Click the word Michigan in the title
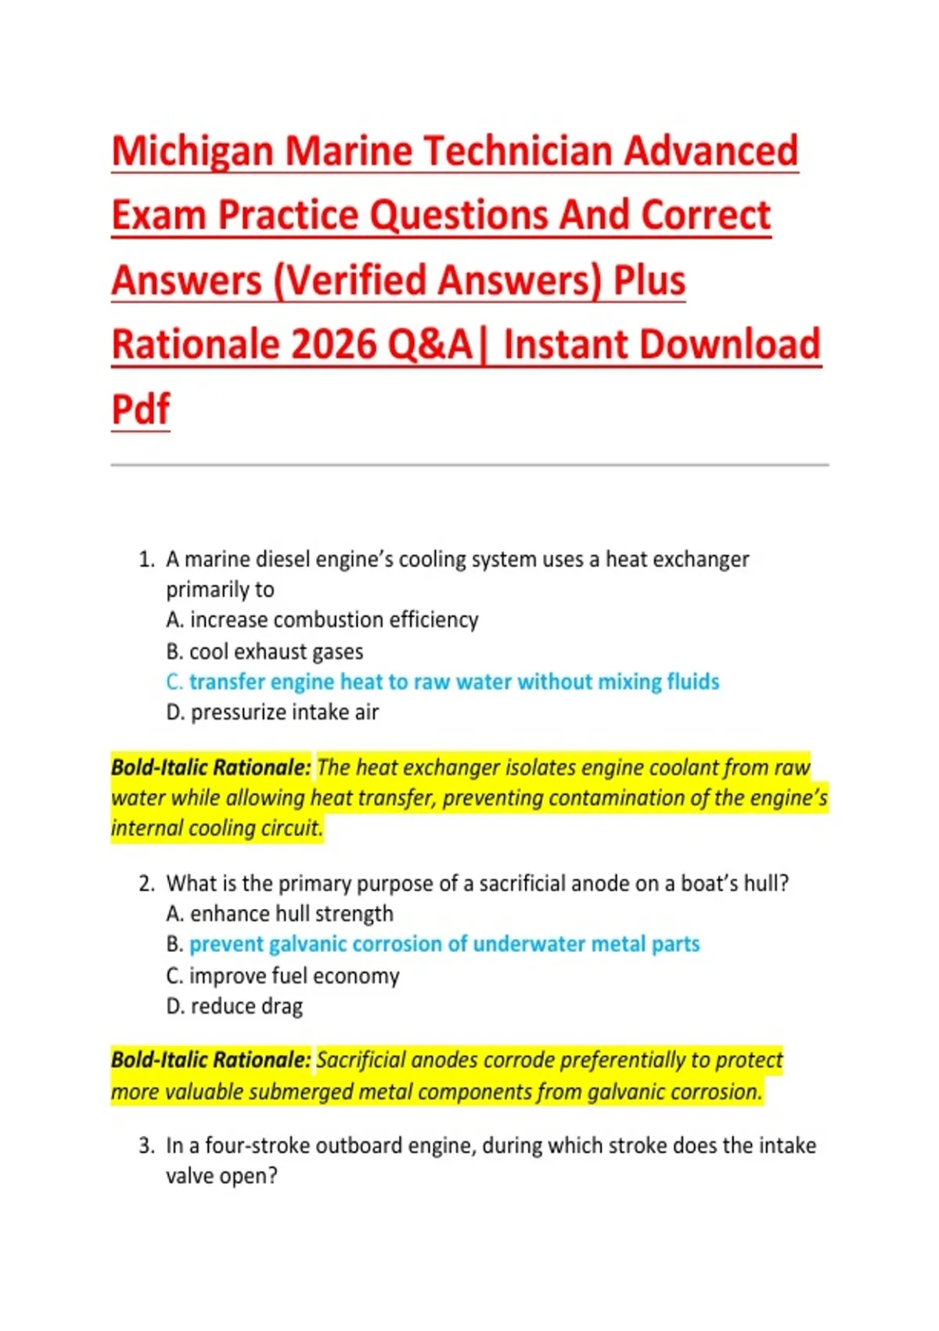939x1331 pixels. click(192, 152)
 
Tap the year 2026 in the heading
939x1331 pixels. click(333, 344)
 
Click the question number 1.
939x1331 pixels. click(146, 560)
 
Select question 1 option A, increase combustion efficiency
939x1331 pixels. click(322, 620)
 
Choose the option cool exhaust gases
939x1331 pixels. click(265, 652)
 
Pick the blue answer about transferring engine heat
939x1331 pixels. click(443, 681)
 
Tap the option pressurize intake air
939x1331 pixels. click(272, 712)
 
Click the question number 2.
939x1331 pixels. click(146, 884)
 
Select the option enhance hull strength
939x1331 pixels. click(279, 913)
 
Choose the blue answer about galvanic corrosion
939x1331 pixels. click(433, 944)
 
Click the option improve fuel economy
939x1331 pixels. click(282, 976)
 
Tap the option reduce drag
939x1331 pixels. click(235, 1006)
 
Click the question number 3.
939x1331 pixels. click(146, 1145)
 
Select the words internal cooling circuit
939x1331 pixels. click(218, 828)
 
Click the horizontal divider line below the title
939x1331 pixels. click(469, 465)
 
